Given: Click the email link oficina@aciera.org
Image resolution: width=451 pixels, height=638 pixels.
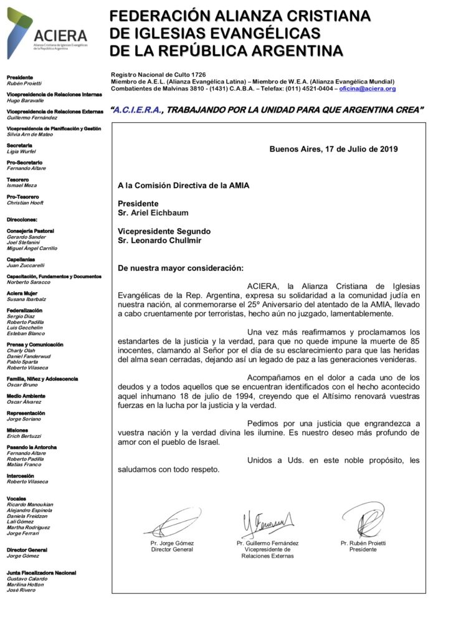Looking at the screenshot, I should coord(368,89).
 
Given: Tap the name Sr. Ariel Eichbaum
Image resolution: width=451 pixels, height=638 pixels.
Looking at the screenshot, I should coord(154,212).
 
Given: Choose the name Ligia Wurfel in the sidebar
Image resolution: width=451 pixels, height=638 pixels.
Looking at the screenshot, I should coord(21,151).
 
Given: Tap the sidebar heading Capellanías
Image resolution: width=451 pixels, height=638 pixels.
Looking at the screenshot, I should coord(21,259).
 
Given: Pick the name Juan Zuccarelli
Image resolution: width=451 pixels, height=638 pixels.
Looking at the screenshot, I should coord(26,265).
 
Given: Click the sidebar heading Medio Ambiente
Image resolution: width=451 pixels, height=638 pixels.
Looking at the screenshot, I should coord(26,396).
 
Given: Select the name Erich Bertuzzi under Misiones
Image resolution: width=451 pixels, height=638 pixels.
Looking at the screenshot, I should coord(25,436).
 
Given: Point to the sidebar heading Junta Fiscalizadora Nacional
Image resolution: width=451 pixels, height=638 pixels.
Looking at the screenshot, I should coord(41,573).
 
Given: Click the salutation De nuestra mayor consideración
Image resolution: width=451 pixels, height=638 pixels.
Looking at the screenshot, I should coord(180,268).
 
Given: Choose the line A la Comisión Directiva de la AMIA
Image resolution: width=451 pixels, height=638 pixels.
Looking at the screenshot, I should coord(184,185).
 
